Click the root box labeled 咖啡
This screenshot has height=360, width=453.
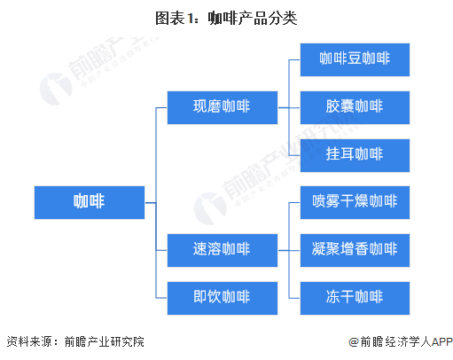click(90, 202)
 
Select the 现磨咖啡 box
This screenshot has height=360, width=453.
click(223, 107)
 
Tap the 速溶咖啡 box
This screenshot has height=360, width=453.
click(223, 250)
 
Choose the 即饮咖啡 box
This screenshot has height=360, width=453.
click(223, 298)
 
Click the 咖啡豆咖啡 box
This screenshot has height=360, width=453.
click(355, 59)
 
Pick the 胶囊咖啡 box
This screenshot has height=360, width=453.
click(355, 107)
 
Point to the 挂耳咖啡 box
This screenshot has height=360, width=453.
click(355, 155)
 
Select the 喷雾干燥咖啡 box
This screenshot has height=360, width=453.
click(355, 202)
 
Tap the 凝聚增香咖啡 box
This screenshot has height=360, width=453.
click(355, 250)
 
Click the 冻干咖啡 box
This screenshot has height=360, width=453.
click(355, 298)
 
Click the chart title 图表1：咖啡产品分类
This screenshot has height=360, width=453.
click(226, 19)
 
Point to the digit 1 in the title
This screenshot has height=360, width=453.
click(190, 19)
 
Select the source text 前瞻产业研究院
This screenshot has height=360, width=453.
click(104, 341)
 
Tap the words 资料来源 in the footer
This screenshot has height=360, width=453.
click(29, 341)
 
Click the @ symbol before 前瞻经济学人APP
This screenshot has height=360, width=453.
click(354, 342)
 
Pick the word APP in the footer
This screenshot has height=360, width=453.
click(442, 342)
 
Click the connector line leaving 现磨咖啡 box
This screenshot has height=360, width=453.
click(284, 107)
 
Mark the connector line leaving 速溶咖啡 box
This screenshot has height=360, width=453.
click(284, 250)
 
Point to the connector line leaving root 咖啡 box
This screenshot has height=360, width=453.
click(151, 202)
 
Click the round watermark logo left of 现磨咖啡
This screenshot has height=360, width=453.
click(56, 89)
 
